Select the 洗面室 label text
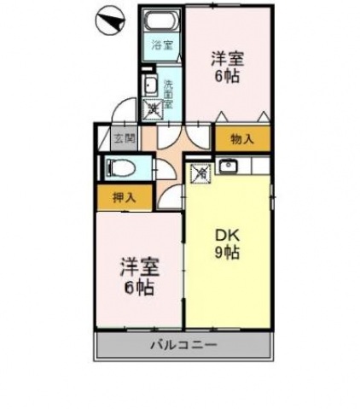pyautogui.click(x=168, y=89)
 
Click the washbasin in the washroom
pyautogui.click(x=149, y=85)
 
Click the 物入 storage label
pyautogui.click(x=241, y=139)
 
